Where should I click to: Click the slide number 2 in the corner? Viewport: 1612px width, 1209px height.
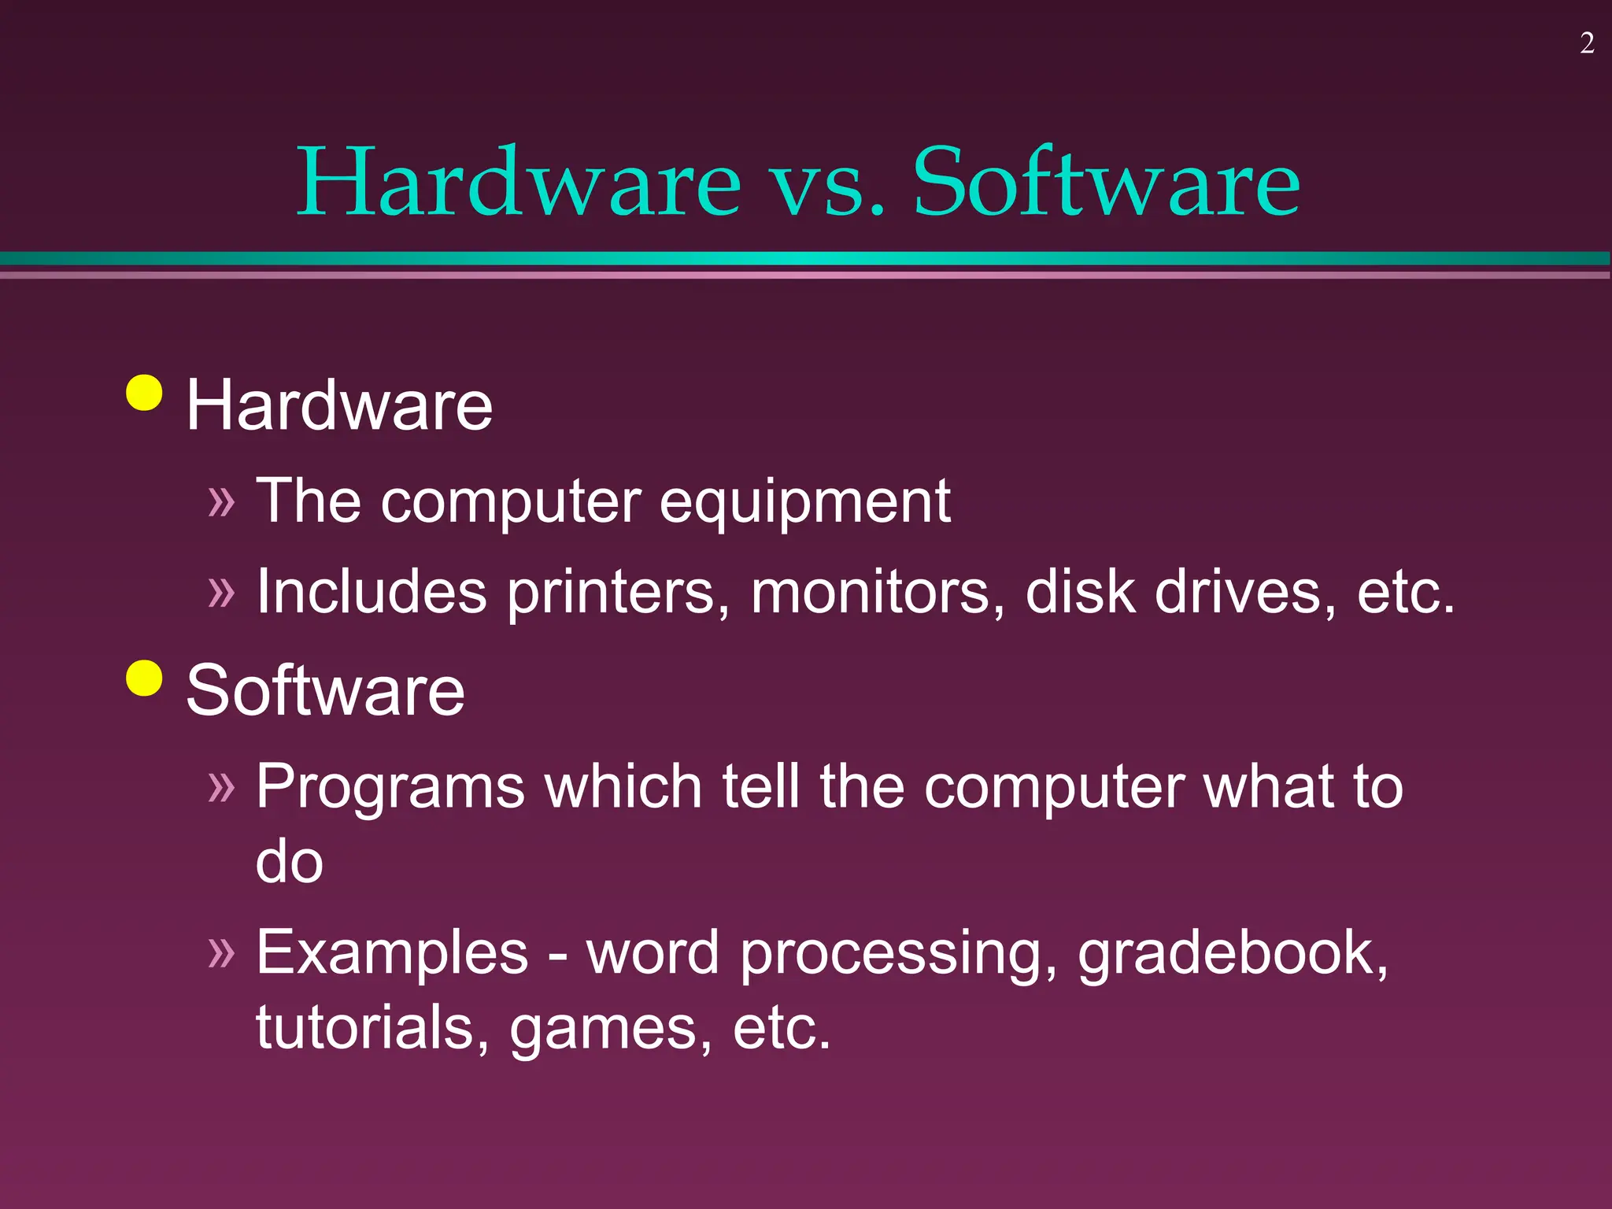[1587, 43]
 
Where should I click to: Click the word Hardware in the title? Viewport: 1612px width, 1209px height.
[519, 183]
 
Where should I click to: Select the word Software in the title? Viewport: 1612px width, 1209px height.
[1106, 183]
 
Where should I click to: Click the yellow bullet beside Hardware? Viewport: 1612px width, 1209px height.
[144, 393]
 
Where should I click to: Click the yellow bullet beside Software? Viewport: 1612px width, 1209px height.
[144, 678]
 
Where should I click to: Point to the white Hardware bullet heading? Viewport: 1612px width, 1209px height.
[339, 405]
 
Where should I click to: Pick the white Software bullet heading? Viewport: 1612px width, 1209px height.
[325, 690]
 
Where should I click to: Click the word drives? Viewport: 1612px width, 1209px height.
[1245, 592]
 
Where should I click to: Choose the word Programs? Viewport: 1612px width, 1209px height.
[390, 787]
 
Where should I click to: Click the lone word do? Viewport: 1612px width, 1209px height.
[289, 861]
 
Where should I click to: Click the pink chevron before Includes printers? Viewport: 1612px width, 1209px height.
[221, 592]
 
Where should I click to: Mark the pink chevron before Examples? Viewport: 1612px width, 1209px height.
[221, 952]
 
